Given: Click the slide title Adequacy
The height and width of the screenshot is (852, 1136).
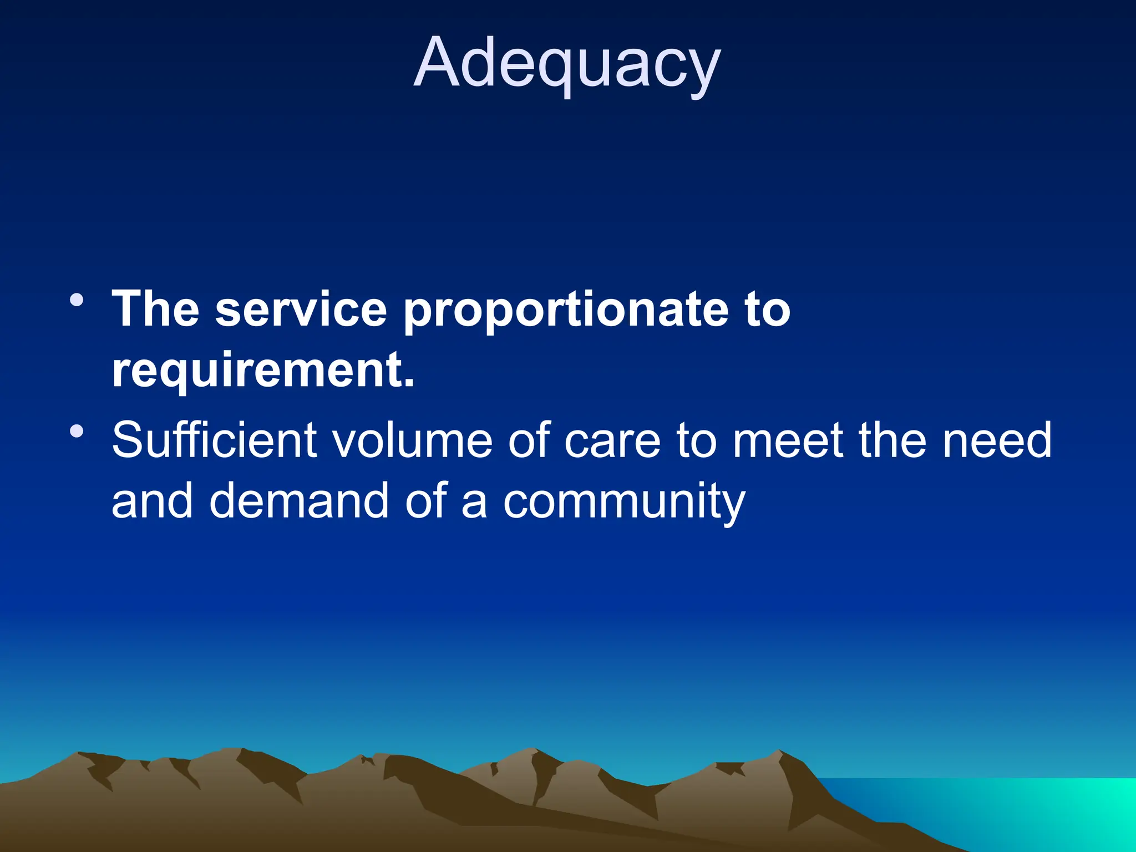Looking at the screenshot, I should (567, 62).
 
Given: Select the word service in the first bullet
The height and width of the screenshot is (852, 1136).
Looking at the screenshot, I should (301, 309).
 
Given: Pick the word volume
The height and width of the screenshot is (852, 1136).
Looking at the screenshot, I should (412, 440).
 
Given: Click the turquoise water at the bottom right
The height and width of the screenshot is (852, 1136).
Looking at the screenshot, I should (1026, 810).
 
